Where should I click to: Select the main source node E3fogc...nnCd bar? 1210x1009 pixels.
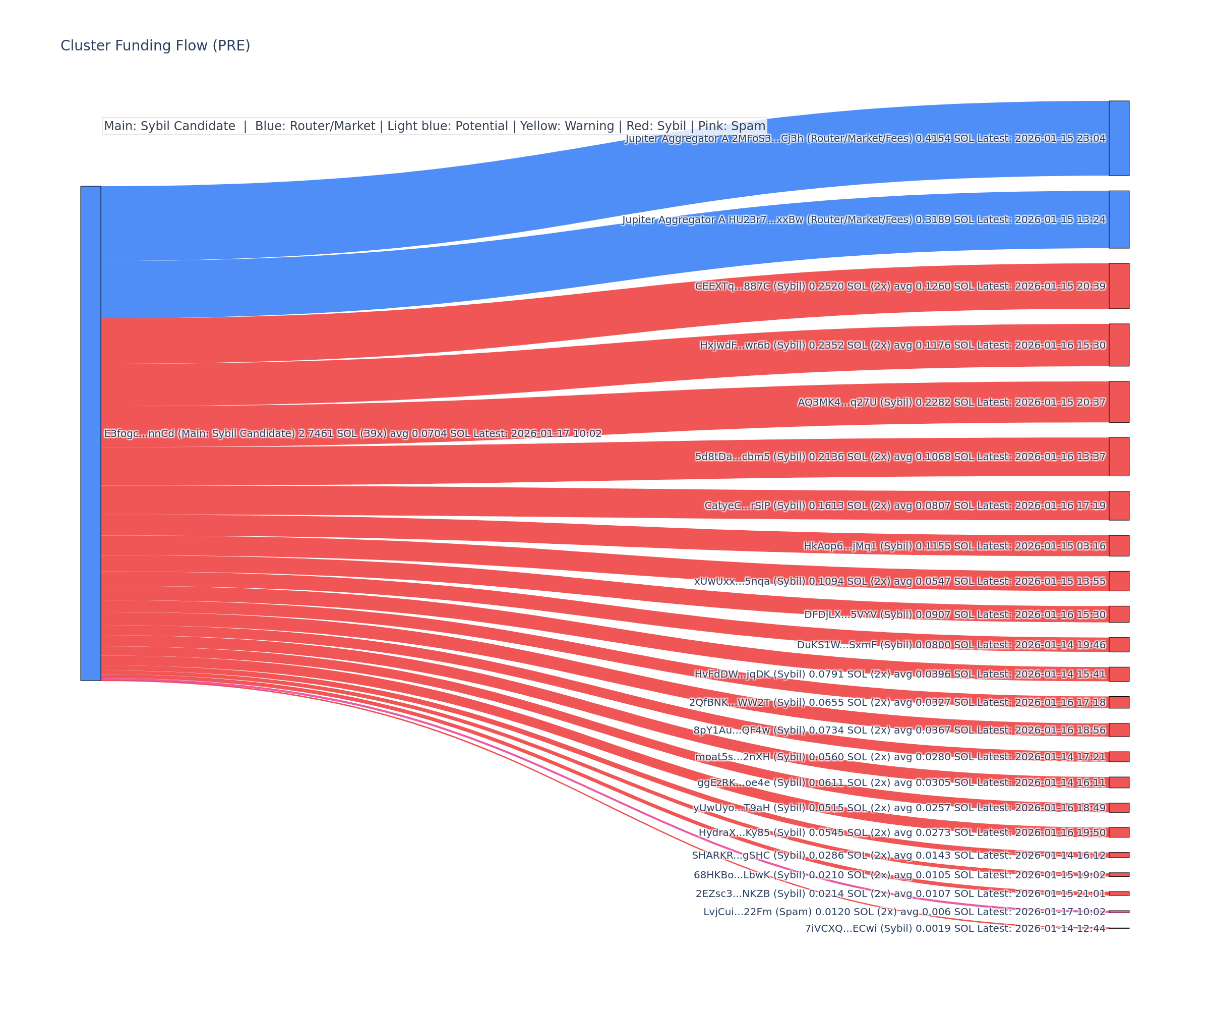90,433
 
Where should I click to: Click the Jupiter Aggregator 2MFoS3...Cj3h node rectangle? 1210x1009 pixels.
1119,138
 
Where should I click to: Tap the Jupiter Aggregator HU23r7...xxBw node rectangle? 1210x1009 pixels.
1119,219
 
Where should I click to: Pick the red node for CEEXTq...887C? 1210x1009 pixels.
1119,286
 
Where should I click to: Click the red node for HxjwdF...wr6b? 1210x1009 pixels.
1119,345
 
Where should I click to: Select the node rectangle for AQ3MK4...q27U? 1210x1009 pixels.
1119,402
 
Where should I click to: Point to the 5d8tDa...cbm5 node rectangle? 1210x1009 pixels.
1119,457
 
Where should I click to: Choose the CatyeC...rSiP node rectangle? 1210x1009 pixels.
1119,506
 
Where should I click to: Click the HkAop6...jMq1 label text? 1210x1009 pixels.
954,546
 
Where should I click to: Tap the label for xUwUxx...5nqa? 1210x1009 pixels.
899,581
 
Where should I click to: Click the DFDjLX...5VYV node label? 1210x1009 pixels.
955,614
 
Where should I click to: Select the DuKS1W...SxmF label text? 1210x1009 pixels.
951,645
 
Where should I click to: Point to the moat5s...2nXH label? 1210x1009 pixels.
900,757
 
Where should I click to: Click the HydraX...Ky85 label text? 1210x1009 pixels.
902,832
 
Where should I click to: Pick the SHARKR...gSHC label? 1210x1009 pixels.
898,855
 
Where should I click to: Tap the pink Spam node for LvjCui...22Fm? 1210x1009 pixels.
1119,912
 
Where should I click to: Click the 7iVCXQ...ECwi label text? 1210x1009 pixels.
955,928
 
